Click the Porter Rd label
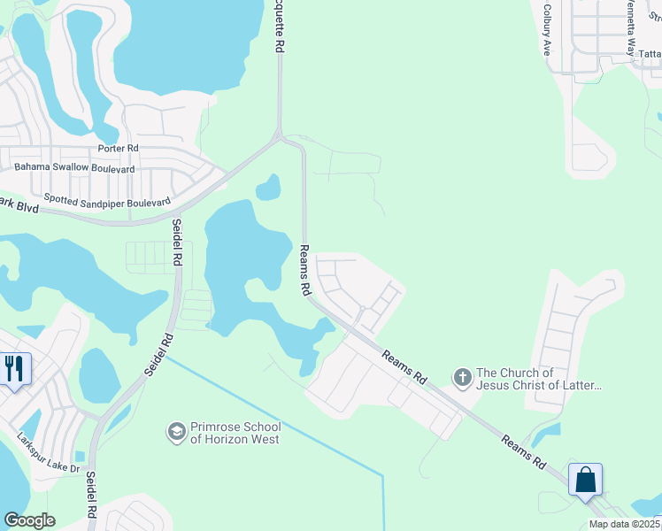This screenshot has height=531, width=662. click(120, 149)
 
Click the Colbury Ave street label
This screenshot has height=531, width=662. click(547, 39)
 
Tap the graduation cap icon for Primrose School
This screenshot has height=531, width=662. click(176, 432)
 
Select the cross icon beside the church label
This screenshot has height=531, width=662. click(461, 379)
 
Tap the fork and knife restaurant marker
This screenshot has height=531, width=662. click(14, 368)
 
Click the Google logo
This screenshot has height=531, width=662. click(29, 520)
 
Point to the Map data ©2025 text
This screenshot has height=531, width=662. click(625, 524)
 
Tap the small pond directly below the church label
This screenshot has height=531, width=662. click(545, 434)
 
